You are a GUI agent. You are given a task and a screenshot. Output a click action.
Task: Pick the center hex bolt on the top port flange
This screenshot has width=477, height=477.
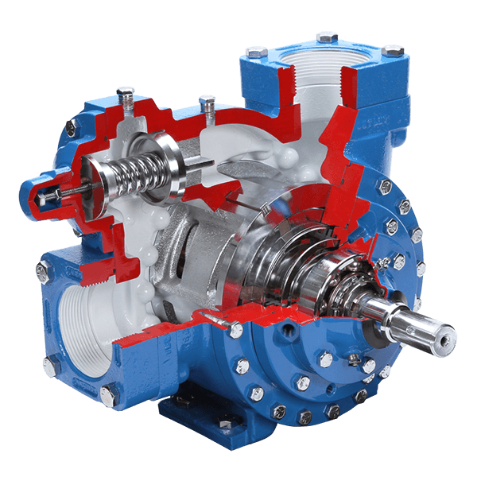326,37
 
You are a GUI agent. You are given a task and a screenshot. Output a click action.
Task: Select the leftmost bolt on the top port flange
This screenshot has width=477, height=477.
255,52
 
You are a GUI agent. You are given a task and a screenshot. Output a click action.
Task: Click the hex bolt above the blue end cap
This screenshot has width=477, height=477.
71,127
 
